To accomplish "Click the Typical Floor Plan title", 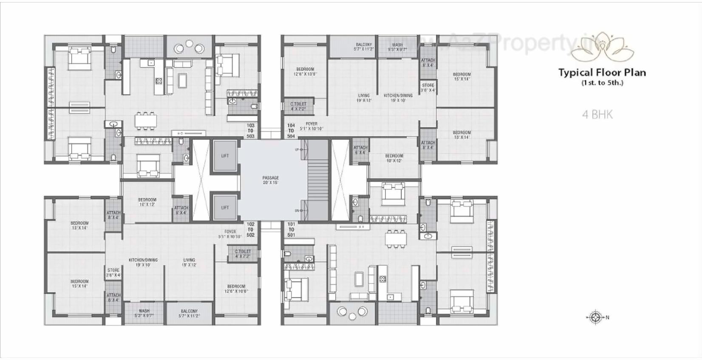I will click(602, 73).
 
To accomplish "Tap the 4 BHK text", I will click(597, 114).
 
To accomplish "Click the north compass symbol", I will click(596, 317).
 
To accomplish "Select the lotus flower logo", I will click(602, 47).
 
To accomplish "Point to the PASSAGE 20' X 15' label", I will click(270, 180).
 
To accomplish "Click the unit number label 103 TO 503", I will click(251, 130).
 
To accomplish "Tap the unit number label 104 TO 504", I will click(291, 130).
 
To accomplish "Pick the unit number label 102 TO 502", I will click(251, 230).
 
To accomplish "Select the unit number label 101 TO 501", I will click(291, 230).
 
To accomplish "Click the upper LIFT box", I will click(225, 156).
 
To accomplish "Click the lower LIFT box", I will click(225, 207).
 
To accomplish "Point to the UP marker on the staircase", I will click(297, 150).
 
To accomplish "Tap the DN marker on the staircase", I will click(297, 211).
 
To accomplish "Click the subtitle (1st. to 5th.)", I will click(602, 83).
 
